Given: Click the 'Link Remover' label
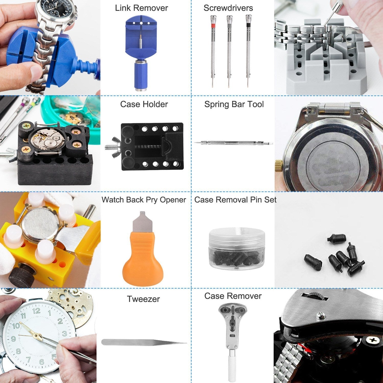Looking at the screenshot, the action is click(141, 8).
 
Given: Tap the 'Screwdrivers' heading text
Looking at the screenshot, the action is click(228, 8).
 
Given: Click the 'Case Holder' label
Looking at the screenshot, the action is click(144, 104).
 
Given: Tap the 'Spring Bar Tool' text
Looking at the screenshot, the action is click(234, 104).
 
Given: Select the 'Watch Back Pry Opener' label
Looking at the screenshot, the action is click(144, 200).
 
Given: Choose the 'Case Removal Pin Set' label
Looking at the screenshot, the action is click(235, 200).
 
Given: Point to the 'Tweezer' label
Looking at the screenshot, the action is click(143, 299).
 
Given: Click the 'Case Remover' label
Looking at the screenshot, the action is click(233, 296).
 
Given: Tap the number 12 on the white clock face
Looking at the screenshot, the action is click(36, 311).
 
